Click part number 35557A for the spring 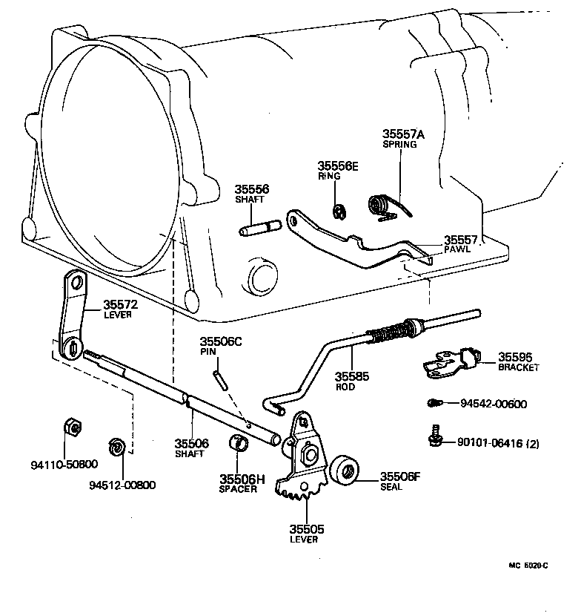point(404,134)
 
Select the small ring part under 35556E point(338,212)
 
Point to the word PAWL point(458,250)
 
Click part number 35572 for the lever point(120,304)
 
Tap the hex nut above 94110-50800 point(72,427)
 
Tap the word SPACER point(238,489)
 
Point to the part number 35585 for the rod point(352,376)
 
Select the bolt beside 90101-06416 point(435,437)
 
